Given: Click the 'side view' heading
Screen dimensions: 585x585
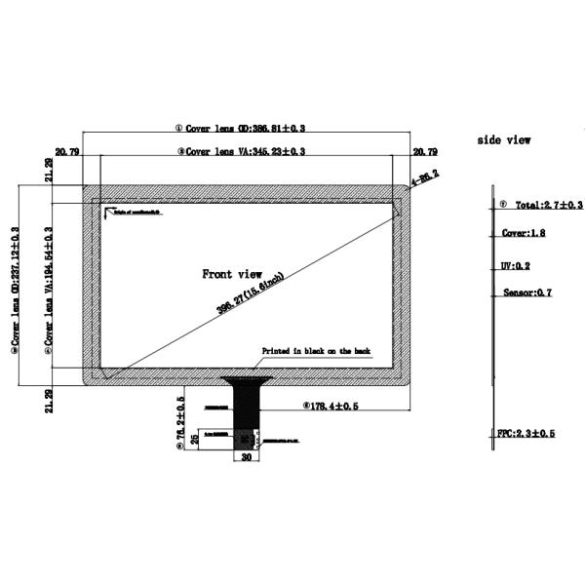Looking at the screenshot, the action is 504,140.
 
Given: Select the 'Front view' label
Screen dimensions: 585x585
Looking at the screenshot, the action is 232,274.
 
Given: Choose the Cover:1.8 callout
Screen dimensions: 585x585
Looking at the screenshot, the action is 524,234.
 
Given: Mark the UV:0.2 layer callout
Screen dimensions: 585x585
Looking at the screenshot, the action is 514,265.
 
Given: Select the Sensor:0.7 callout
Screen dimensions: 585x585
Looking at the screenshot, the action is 527,292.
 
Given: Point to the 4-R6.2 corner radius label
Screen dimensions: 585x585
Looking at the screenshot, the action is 425,177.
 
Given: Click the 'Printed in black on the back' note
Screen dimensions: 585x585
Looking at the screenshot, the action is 316,351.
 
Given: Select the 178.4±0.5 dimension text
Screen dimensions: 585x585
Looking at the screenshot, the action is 333,404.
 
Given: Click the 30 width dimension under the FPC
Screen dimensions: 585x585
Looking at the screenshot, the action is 246,455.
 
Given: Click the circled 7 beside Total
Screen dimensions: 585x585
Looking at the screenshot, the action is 502,206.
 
